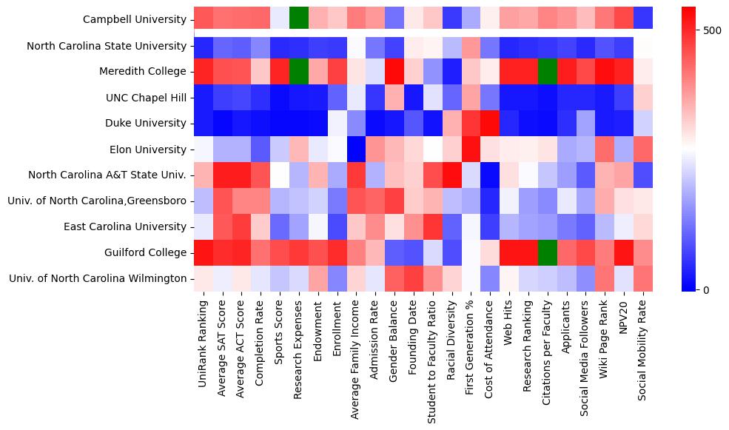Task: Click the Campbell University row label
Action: click(134, 19)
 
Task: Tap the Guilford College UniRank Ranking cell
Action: click(204, 252)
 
